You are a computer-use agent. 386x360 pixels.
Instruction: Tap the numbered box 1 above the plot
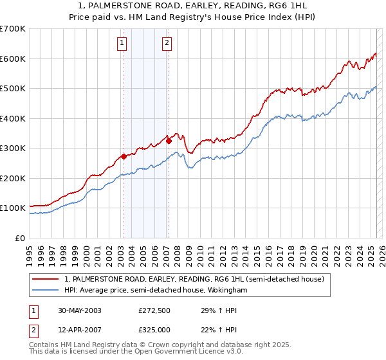tap(122, 43)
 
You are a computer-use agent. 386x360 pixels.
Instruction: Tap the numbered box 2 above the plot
tap(167, 43)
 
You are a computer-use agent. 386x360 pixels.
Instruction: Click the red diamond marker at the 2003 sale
tap(124, 156)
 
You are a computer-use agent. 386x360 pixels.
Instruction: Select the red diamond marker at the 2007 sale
tap(168, 141)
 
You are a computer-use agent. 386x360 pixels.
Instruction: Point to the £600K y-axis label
tap(13, 59)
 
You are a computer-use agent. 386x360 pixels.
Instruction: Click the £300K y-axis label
tap(13, 148)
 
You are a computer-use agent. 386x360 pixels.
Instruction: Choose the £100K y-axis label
tap(13, 208)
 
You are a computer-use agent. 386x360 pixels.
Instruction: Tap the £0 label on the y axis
tap(20, 238)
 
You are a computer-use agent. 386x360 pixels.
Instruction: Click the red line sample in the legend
tap(46, 279)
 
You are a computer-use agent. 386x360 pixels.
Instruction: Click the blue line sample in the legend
tap(46, 290)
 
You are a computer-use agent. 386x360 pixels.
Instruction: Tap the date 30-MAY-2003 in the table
tap(76, 310)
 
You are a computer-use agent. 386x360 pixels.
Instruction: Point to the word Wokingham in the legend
tap(227, 290)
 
